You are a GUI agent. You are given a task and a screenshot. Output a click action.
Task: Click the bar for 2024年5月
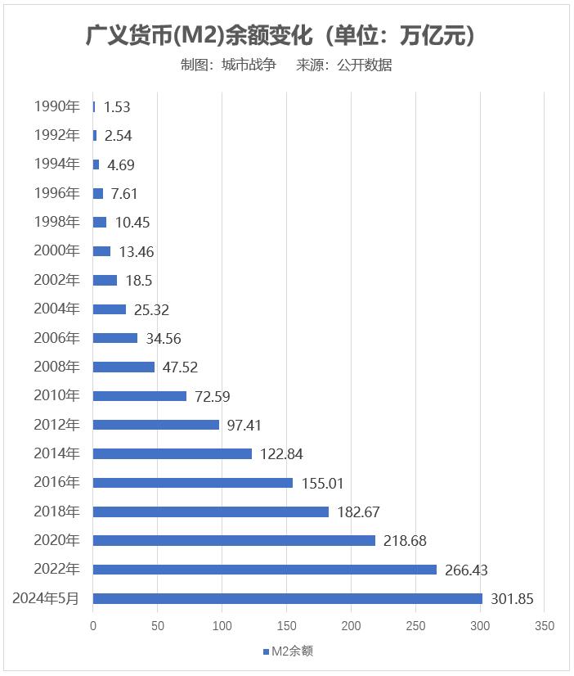(x=288, y=598)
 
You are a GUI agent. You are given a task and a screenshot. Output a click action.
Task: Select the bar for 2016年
(x=193, y=483)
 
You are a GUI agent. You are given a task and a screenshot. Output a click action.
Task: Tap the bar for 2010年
(x=140, y=396)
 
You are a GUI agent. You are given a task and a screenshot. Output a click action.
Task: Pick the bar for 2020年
(x=234, y=540)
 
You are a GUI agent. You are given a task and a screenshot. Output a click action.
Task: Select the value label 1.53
(x=117, y=107)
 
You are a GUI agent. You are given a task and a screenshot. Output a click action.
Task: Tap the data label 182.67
(x=357, y=512)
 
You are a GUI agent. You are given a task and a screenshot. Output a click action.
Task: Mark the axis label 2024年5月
(x=46, y=598)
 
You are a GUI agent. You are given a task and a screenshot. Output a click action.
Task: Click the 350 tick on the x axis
(x=544, y=626)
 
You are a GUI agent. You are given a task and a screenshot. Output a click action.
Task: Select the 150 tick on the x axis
(x=286, y=626)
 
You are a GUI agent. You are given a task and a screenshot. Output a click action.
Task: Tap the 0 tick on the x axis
(x=93, y=626)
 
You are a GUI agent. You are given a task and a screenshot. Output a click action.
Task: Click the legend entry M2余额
(x=288, y=651)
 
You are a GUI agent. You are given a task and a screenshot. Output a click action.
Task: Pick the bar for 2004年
(x=110, y=309)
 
